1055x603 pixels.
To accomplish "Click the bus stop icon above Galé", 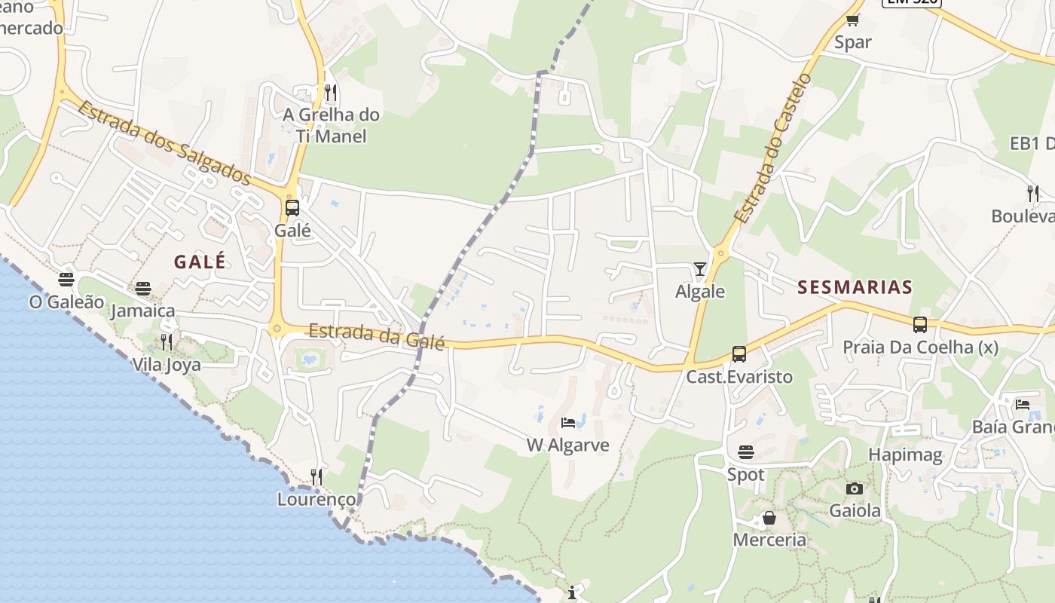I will point(292,208).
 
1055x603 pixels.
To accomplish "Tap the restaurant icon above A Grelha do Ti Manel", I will point(331,93).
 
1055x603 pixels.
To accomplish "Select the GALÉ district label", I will point(200,262).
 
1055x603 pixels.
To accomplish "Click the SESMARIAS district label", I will point(855,287).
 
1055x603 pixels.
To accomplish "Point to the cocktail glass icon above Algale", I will point(700,269).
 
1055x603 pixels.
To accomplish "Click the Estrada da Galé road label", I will point(377,336).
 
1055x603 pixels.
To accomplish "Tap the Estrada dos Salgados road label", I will point(164,143).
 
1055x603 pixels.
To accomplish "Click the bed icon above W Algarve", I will point(568,423).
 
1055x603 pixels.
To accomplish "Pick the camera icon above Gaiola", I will point(854,488).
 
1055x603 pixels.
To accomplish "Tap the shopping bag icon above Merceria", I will point(769,518).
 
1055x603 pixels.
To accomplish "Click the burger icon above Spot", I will point(746,452).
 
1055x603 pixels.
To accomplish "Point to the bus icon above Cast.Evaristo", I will point(739,354).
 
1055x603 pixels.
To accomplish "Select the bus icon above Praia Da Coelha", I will point(920,325).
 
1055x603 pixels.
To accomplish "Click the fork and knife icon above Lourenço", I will point(316,477).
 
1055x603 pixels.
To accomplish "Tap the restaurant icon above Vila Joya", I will point(167,343).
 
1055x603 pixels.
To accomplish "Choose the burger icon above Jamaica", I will point(143,289).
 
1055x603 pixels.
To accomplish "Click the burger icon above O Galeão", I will point(66,280).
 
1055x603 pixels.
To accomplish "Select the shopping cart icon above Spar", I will point(853,20).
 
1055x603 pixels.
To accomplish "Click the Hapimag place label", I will point(905,455).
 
